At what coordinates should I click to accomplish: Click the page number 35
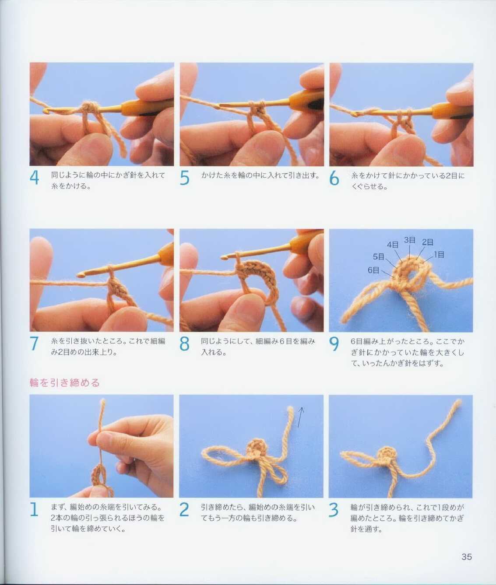(467, 557)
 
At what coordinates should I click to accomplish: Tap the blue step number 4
(34, 178)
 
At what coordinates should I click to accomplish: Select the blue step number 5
(184, 179)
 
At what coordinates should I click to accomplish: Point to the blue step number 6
(334, 179)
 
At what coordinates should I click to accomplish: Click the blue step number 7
(34, 343)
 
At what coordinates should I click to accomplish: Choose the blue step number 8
(184, 343)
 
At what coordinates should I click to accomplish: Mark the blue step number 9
(334, 344)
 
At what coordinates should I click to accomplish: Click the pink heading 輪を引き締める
(65, 383)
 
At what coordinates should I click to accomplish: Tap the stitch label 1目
(439, 255)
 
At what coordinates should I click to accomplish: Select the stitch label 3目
(410, 240)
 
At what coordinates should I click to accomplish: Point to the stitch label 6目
(373, 270)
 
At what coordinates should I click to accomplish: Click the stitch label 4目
(393, 245)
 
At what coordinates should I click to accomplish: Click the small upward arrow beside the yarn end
(300, 417)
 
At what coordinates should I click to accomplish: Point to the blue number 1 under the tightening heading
(34, 510)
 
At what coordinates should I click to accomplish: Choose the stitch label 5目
(379, 257)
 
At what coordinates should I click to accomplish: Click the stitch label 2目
(428, 242)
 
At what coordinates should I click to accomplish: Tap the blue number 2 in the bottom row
(184, 510)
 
